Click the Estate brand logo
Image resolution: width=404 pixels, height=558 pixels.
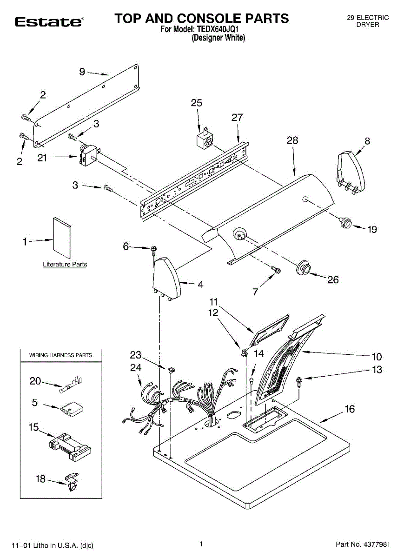(x=49, y=22)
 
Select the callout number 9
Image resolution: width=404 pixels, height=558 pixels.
(x=82, y=72)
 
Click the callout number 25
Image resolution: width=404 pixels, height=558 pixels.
(x=197, y=103)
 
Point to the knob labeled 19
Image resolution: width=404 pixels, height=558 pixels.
(x=345, y=222)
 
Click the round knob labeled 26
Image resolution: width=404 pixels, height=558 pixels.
(x=304, y=267)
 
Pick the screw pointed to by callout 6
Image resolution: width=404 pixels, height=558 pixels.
(x=153, y=251)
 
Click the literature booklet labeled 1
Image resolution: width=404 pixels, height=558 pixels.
(x=62, y=238)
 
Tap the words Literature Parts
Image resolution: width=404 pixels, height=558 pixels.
(x=65, y=264)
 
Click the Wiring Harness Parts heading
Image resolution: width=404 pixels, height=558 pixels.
(x=60, y=355)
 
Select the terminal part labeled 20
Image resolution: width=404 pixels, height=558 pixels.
(x=71, y=385)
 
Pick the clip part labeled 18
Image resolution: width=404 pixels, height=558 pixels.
(x=72, y=482)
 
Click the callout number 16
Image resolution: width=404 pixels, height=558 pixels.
(x=350, y=409)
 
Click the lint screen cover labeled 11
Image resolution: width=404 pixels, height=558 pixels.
(x=269, y=330)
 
